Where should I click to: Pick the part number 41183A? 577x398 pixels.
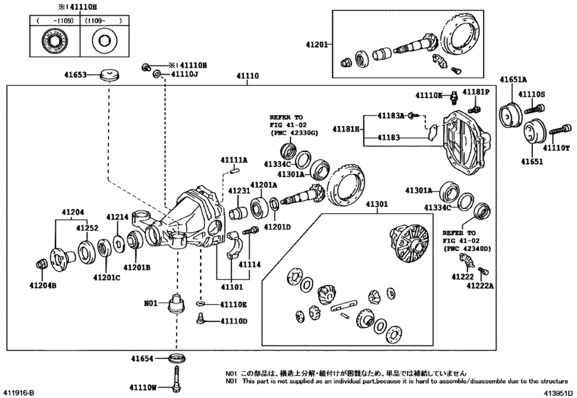[391, 115]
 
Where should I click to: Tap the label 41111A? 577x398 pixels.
[234, 161]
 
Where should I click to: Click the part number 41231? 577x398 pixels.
[240, 191]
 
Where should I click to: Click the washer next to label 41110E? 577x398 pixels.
[202, 304]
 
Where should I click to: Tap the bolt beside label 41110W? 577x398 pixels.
[175, 376]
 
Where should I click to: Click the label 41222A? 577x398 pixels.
[481, 285]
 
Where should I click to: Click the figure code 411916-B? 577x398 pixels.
[19, 392]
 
